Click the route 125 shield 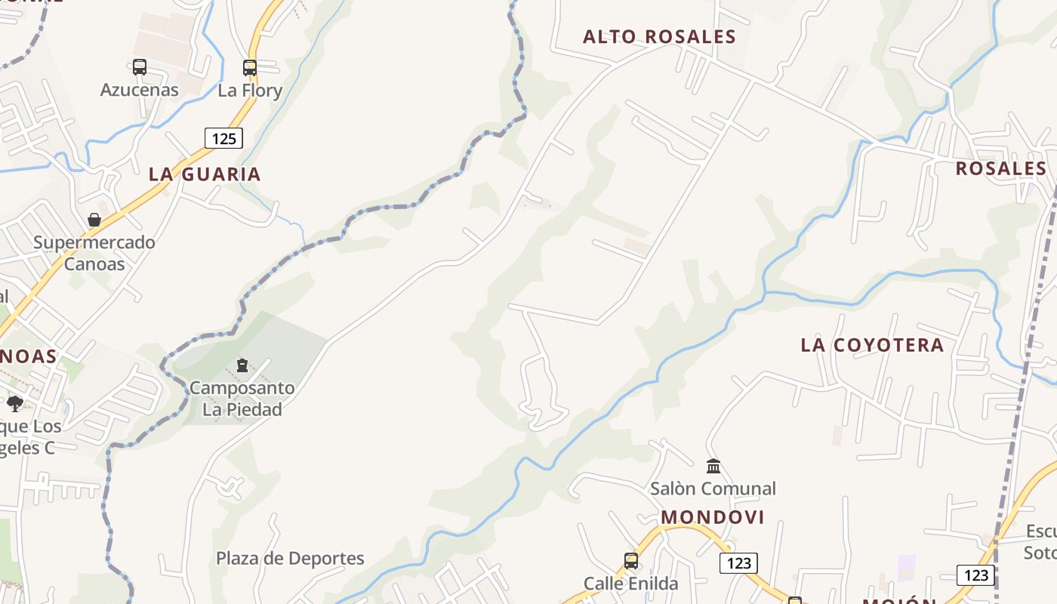[223, 138]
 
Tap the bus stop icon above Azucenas [140, 67]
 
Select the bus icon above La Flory [250, 68]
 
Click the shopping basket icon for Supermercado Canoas [94, 220]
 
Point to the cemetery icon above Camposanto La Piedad [242, 366]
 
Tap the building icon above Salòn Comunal [713, 466]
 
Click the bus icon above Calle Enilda [631, 561]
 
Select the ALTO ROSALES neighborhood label [659, 37]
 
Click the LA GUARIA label [205, 174]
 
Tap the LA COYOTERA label [872, 345]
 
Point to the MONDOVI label [713, 517]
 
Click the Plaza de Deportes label [290, 559]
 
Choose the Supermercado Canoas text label [94, 253]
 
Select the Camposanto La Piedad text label [242, 399]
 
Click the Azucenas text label [140, 90]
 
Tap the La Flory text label [250, 91]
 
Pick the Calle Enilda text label [631, 584]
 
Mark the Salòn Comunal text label [713, 488]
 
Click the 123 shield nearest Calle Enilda [738, 563]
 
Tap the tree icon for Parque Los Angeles [15, 404]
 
